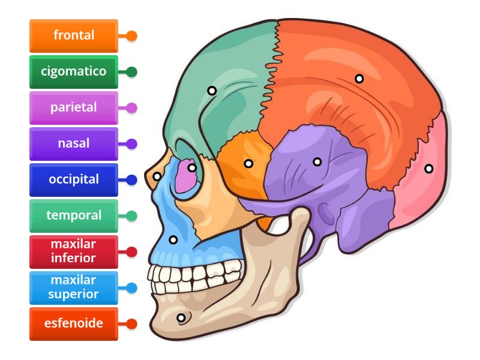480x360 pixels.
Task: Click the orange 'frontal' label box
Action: (74, 35)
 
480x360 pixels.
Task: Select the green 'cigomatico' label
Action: (74, 71)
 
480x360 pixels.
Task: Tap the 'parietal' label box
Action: (74, 108)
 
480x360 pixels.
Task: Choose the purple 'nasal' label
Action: (74, 144)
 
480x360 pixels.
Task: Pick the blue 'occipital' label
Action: (74, 179)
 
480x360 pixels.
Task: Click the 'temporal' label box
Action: (74, 215)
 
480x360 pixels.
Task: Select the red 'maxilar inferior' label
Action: (74, 251)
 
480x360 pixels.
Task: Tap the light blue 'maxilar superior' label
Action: (74, 287)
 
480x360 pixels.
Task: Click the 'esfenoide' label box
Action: (74, 323)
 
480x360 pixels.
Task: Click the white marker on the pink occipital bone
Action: (428, 169)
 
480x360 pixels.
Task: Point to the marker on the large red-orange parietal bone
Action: (359, 79)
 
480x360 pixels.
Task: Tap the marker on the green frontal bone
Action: (212, 91)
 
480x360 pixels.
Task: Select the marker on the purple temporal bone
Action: (317, 161)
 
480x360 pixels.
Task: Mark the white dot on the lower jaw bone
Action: (181, 317)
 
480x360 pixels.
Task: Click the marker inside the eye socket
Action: (192, 168)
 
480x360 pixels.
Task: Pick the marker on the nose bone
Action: (157, 176)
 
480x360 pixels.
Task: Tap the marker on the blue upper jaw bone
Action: (173, 240)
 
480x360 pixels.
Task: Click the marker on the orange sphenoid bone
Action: (248, 163)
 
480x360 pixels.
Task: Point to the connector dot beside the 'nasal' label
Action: (132, 144)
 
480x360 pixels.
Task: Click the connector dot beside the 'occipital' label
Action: (132, 179)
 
